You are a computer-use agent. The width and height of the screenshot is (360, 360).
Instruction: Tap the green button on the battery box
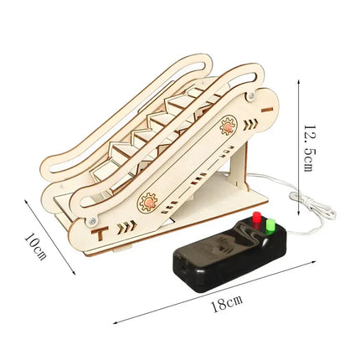270,226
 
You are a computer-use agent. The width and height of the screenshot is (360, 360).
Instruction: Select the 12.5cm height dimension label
308,148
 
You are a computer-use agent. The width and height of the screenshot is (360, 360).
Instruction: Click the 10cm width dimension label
35,246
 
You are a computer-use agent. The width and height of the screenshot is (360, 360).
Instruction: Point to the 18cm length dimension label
227,304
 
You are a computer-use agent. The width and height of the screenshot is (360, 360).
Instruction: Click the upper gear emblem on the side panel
229,126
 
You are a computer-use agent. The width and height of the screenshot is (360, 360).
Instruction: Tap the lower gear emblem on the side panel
148,202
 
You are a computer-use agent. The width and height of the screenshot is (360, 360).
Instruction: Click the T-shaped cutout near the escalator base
100,234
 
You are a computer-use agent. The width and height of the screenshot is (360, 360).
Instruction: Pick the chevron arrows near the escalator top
250,125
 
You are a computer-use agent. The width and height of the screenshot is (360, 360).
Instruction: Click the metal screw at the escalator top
251,96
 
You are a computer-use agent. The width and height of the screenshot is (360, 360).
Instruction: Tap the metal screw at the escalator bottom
92,221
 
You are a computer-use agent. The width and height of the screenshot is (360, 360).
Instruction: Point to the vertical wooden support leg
239,166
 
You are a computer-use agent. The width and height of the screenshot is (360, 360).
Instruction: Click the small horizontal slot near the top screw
267,110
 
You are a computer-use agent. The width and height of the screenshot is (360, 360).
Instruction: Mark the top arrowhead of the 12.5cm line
299,81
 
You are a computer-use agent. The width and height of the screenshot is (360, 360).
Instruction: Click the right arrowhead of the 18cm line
314,262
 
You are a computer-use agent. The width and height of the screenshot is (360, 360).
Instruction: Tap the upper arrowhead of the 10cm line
27,201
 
